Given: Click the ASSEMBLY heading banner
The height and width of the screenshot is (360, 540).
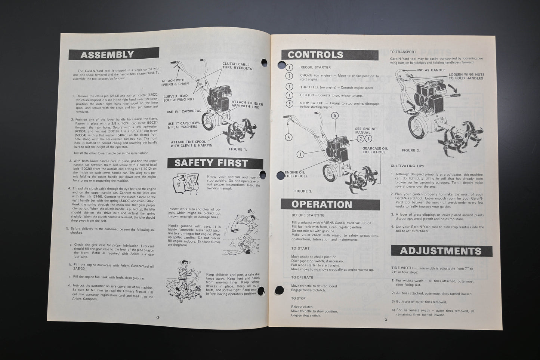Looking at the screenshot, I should (x=113, y=54).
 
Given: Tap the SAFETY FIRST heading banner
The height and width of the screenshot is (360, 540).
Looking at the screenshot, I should (x=215, y=163).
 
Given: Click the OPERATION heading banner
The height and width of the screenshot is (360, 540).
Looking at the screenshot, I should (x=330, y=204).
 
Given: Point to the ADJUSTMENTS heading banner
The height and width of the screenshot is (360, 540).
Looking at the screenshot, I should (x=441, y=250).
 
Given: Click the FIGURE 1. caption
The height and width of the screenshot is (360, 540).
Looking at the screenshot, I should (x=238, y=149).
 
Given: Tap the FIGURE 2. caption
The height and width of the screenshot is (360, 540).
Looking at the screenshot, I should (x=303, y=191).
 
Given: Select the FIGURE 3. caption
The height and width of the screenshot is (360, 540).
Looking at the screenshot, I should (x=411, y=150).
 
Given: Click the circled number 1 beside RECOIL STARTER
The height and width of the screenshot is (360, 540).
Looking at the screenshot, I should (x=289, y=67).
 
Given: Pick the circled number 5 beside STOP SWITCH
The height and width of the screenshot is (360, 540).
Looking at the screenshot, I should (x=289, y=104).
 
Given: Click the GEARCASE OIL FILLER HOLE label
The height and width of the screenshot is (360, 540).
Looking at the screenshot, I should (x=375, y=150).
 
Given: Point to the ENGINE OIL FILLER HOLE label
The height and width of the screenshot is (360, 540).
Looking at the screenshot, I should (x=296, y=174).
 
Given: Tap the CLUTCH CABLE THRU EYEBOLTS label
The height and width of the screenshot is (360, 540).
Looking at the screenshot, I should (x=237, y=66).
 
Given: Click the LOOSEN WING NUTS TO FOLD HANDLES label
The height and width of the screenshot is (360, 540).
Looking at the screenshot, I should (x=466, y=76).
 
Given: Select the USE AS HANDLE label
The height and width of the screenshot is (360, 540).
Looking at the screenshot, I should (x=431, y=70).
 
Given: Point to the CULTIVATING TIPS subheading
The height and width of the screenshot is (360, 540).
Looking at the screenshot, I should (x=407, y=166).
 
